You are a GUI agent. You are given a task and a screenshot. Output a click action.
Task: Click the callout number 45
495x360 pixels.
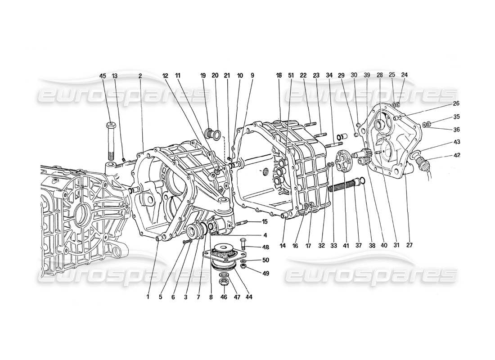click(x=103, y=76)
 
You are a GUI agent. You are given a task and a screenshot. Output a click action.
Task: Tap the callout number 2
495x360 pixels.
click(x=140, y=76)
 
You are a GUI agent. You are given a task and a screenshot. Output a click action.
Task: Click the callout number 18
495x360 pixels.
click(x=279, y=76)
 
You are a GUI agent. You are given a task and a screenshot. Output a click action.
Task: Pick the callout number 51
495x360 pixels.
click(x=291, y=76)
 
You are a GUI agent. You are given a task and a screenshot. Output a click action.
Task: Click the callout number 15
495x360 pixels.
click(x=265, y=221)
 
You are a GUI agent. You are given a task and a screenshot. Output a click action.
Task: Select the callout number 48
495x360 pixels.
click(x=265, y=247)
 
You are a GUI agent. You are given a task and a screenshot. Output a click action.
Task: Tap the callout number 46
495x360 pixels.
click(x=223, y=297)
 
